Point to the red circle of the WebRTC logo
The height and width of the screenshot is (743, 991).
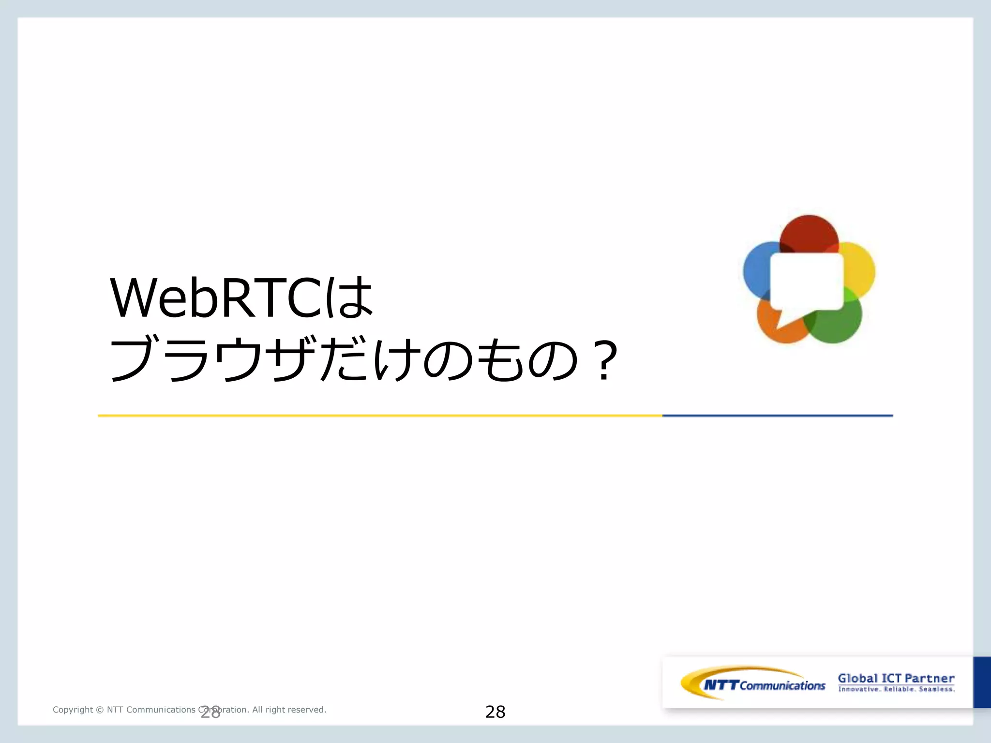pos(809,233)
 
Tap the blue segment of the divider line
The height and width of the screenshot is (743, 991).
pos(777,416)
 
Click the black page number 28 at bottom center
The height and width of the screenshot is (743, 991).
pos(495,712)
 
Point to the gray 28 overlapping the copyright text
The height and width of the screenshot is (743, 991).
pos(210,712)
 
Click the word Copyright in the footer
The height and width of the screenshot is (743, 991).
pos(73,710)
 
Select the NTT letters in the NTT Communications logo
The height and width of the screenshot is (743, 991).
pos(721,685)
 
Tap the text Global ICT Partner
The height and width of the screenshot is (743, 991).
pos(896,678)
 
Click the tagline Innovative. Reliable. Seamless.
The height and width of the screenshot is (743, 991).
pos(896,689)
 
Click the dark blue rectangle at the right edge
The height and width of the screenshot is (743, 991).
pos(982,682)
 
